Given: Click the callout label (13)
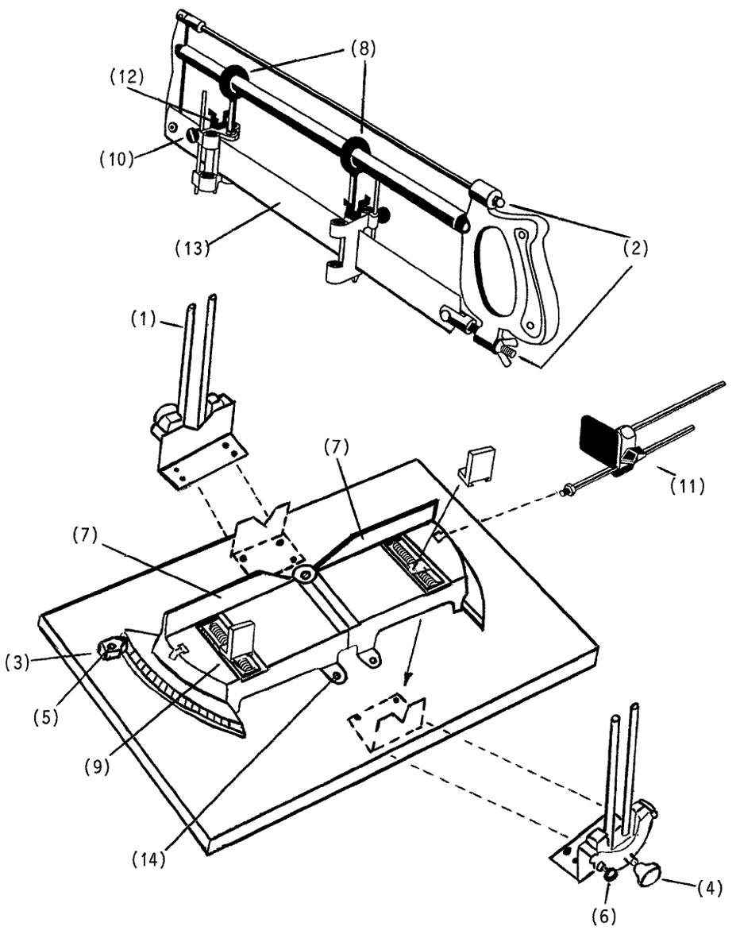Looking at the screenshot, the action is [x=193, y=247].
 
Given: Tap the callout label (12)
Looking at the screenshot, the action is [x=127, y=76].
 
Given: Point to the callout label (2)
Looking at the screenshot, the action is [x=635, y=247].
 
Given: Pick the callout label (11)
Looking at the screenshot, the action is [x=687, y=486].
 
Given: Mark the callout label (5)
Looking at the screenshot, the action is [x=46, y=717].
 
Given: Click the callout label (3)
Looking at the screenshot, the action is [x=18, y=662].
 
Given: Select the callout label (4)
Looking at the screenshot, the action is [x=709, y=887].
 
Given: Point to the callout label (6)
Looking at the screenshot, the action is [x=603, y=916].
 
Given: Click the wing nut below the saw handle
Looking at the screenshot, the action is [x=501, y=349].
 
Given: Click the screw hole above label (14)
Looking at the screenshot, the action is [x=337, y=675].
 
